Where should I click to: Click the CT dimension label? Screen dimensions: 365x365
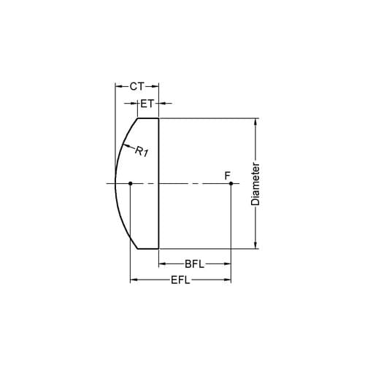137,86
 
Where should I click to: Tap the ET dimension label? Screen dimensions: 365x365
147,104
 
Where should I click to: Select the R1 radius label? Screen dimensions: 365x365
142,153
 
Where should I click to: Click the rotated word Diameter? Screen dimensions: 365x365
255,183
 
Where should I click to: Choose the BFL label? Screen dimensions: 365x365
194,264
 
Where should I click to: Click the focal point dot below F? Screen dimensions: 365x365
231,183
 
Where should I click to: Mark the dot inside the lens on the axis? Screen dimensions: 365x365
130,183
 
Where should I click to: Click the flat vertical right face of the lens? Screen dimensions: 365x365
159,183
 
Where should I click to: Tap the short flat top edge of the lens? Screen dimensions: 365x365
148,118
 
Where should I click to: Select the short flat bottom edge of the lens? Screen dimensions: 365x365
148,249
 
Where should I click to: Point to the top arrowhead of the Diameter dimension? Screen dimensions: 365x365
255,121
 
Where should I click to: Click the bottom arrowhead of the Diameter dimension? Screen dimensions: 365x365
255,245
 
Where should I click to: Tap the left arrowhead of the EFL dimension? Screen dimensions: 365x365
133,280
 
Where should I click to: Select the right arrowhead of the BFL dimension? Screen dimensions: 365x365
228,264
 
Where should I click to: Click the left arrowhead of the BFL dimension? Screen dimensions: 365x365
162,264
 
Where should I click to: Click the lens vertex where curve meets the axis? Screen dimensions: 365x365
115,183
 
